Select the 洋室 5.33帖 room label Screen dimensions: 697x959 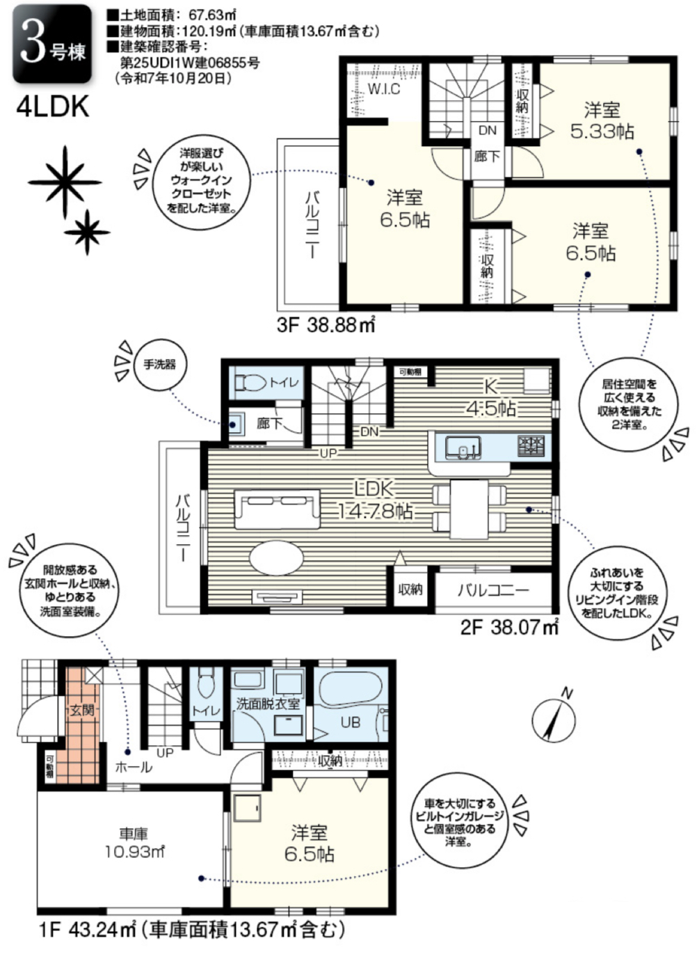click(x=602, y=121)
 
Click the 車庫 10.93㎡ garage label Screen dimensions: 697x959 click(x=135, y=843)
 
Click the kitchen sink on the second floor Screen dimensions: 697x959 click(x=463, y=447)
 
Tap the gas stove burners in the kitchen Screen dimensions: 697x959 click(x=531, y=445)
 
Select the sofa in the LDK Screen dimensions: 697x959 click(x=278, y=509)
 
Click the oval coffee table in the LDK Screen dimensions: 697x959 click(x=276, y=557)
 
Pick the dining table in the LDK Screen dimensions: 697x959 click(x=469, y=509)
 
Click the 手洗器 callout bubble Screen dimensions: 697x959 click(x=159, y=365)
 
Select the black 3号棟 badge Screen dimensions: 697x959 click(x=52, y=44)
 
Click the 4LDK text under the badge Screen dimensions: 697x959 click(x=53, y=107)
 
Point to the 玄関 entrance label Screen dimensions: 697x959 click(x=82, y=711)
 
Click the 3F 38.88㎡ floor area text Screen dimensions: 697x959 click(x=326, y=326)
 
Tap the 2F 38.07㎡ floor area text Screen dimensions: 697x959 click(x=510, y=628)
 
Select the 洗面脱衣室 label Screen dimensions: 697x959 click(x=269, y=705)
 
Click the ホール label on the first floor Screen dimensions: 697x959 click(x=134, y=767)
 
